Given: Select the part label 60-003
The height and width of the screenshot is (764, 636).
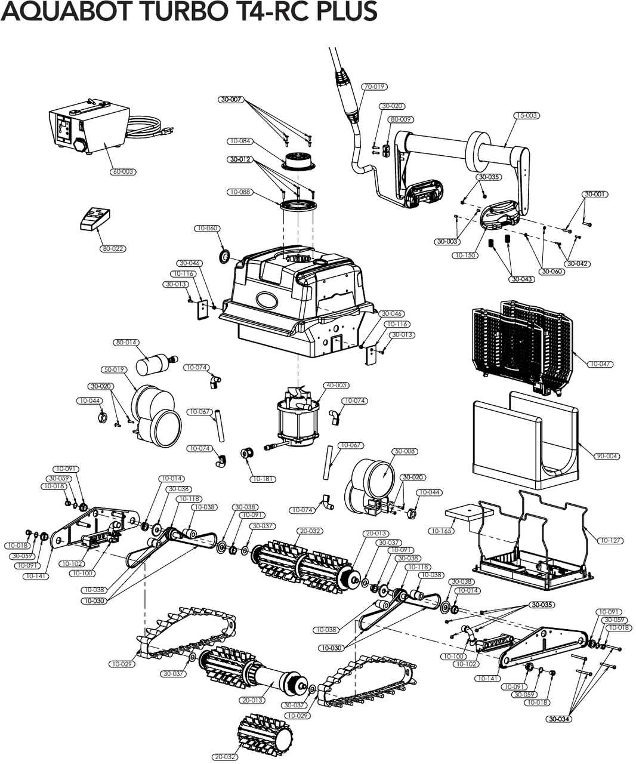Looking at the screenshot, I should tap(123, 172).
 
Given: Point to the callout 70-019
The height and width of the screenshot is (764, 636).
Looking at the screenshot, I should tap(374, 87).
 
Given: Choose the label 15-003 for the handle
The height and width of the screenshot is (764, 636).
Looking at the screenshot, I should tap(526, 115).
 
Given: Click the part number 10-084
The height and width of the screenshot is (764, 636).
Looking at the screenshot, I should tap(240, 141).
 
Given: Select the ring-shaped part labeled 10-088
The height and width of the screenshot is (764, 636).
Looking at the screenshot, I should tap(298, 206).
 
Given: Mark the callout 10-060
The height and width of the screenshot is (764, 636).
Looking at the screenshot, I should tap(207, 229).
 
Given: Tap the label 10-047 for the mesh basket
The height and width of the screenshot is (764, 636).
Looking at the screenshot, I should tap(601, 364).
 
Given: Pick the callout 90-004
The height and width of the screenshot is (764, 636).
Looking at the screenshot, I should tap(607, 456).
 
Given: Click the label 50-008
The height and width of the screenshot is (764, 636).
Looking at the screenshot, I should tap(405, 452).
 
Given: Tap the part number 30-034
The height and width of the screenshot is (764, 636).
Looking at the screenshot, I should tap(559, 719).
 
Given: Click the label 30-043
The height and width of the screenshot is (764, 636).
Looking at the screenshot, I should tap(521, 279).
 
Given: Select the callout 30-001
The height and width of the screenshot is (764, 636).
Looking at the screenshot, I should tap(595, 195).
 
